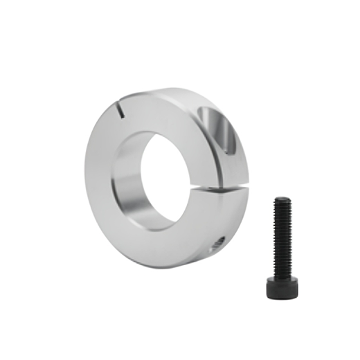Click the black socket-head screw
282,242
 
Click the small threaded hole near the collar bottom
217,242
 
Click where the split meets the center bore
196,186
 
